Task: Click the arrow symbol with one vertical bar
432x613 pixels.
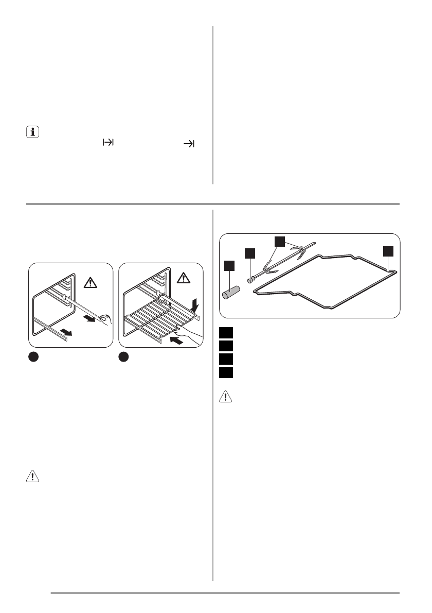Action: [189, 145]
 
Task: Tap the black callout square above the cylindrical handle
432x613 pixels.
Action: [229, 266]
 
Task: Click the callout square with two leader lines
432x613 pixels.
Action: [279, 241]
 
